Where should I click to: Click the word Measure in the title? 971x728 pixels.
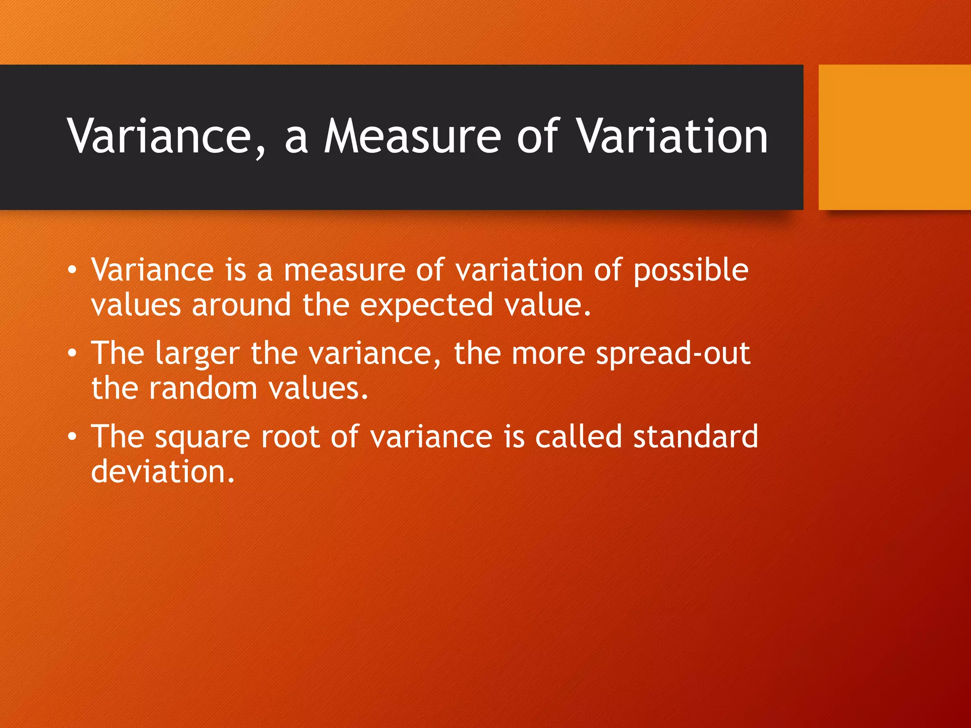412,136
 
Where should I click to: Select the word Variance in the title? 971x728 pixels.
159,136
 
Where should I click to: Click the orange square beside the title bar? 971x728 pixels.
895,137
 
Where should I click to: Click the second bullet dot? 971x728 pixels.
72,354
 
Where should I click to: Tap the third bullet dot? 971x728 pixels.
72,437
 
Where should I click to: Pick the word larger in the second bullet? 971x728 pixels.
197,355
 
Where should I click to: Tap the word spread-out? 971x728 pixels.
673,355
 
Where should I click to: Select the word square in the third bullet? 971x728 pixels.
202,437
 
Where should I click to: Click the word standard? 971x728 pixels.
696,437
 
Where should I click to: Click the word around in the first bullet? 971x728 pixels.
241,306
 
